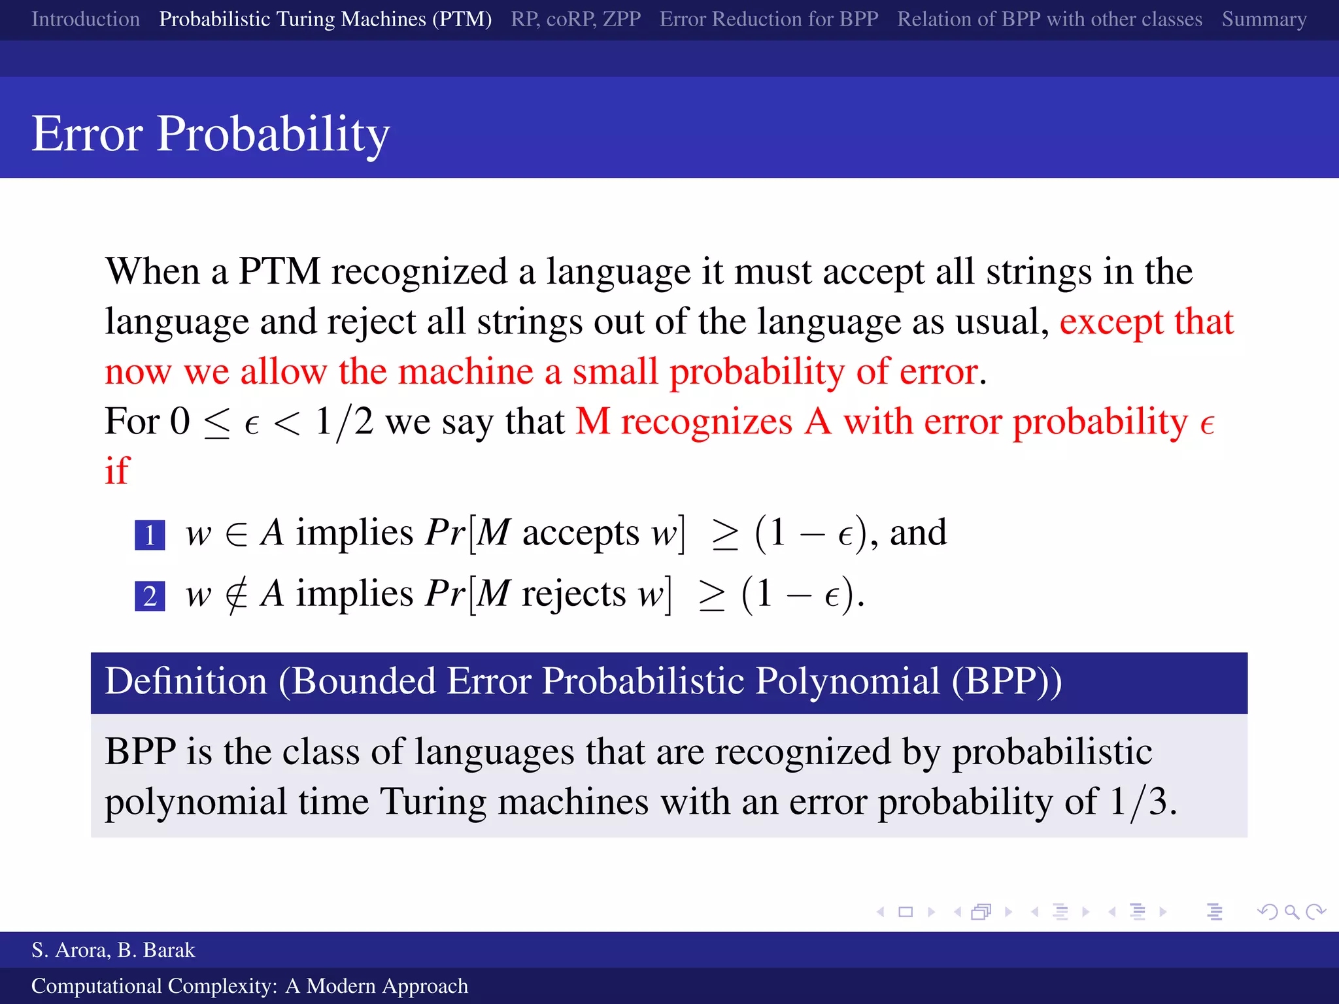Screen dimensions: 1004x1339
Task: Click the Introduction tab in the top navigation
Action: coord(86,19)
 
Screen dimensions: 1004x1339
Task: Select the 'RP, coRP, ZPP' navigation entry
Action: coord(575,19)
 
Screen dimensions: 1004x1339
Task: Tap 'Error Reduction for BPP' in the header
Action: coord(769,19)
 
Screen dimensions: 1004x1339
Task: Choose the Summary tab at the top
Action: coord(1264,19)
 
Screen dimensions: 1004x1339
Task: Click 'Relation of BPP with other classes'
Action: coord(1049,19)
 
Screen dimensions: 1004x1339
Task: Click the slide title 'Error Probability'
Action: coord(211,133)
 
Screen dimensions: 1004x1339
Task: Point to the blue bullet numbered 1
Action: coord(150,535)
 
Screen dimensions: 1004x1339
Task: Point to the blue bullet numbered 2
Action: coord(150,596)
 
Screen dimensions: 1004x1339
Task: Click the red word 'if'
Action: coord(118,471)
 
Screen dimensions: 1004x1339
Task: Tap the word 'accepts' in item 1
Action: coord(580,533)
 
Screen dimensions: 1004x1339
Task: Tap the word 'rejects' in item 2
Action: coord(573,594)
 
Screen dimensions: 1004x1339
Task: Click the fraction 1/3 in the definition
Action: coord(1138,801)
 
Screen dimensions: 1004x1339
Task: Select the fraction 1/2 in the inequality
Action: coord(344,422)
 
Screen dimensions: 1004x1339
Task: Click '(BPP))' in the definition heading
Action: coord(1006,682)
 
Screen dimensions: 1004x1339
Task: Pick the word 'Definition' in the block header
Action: coord(186,682)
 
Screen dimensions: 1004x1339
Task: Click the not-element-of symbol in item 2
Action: coord(235,595)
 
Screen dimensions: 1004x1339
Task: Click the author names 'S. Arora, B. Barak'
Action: coord(113,950)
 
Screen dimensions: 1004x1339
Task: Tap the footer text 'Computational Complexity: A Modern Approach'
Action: coord(250,986)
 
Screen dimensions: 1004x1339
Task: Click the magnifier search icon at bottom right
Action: coord(1291,912)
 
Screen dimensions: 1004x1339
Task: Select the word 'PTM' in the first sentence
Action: coord(279,271)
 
